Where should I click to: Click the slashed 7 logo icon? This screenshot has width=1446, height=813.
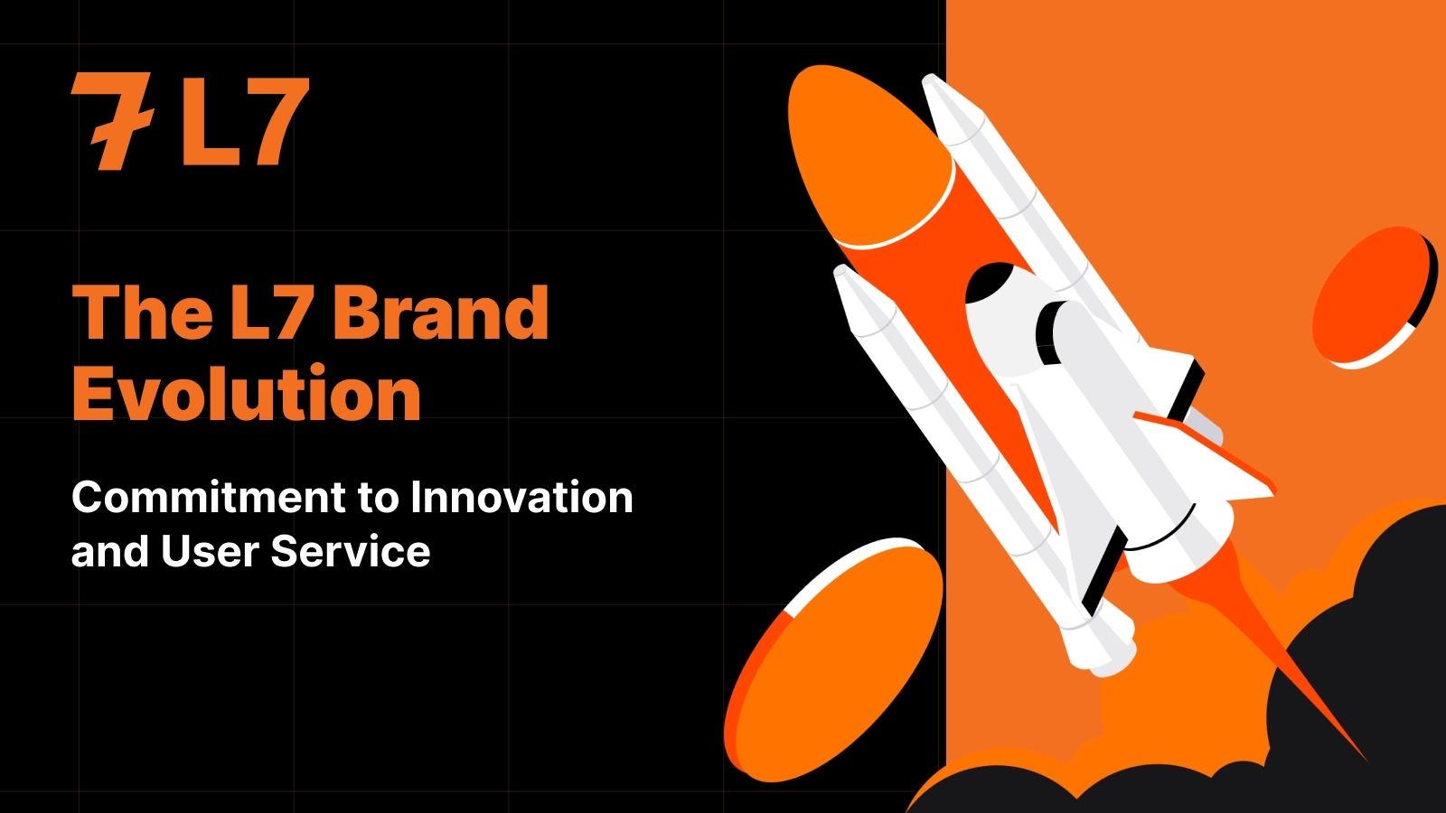point(111,121)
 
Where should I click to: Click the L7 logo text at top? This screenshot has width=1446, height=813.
point(245,121)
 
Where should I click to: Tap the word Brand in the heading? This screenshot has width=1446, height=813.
point(440,313)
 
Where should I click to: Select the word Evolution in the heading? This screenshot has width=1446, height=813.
point(247,391)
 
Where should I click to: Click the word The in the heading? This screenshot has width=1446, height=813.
point(143,313)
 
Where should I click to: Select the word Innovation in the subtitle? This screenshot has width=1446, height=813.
point(521,497)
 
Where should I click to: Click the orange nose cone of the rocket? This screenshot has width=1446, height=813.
point(869,154)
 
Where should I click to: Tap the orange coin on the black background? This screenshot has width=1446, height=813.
point(832,659)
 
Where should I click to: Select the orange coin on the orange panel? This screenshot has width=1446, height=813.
point(1374,297)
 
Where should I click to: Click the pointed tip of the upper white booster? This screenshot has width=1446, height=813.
point(928,79)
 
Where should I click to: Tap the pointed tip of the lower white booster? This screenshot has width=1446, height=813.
point(840,270)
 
